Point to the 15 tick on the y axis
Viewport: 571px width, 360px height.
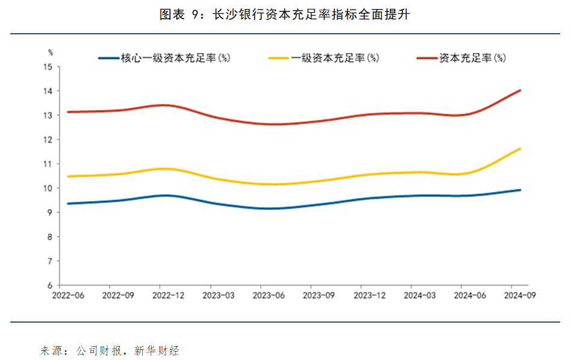[48, 67]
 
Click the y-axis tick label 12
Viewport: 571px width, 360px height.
[48, 140]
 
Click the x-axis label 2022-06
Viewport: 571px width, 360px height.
[68, 296]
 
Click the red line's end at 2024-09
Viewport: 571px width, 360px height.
[520, 90]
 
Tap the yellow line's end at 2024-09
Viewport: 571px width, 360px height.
[520, 149]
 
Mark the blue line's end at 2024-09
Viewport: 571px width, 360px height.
[520, 190]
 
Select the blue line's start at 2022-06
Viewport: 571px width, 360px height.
[68, 203]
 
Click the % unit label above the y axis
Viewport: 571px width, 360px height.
[51, 52]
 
